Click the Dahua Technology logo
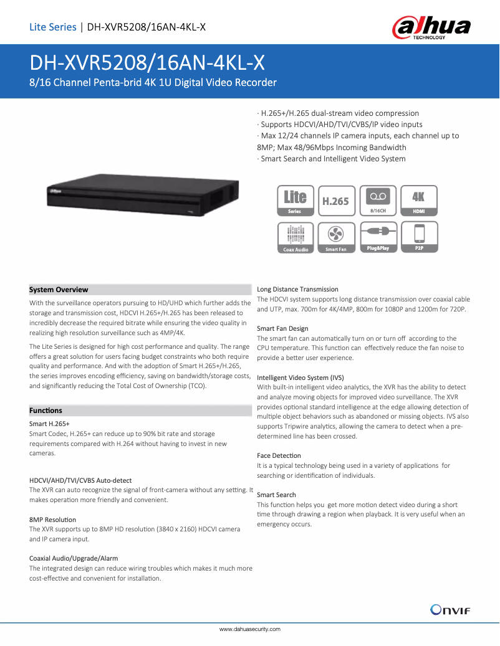click(431, 27)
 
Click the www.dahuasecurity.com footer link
click(250, 629)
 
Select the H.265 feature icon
click(336, 201)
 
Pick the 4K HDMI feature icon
click(418, 201)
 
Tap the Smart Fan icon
click(336, 237)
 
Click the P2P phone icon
click(418, 237)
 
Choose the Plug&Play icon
click(377, 237)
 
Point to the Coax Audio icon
click(295, 237)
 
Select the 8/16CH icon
click(377, 201)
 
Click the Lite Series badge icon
click(295, 201)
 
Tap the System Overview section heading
click(59, 290)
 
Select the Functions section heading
click(46, 411)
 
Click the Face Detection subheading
click(279, 455)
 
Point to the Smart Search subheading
click(276, 495)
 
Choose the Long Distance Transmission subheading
click(297, 289)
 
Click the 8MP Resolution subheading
click(52, 519)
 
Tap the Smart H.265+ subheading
click(49, 424)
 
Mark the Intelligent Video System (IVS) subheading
click(300, 378)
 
